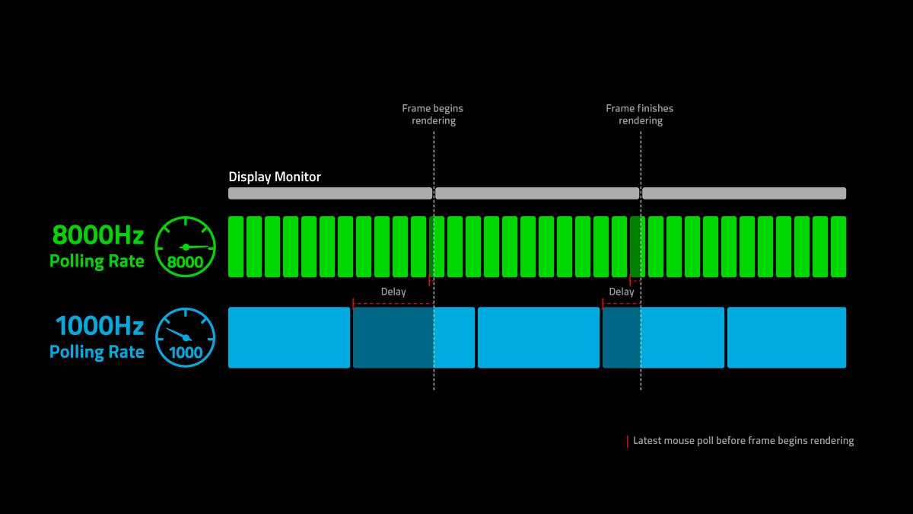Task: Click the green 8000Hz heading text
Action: (98, 235)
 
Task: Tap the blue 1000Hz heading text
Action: (100, 326)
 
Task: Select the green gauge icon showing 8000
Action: (186, 247)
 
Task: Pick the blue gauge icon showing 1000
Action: (186, 337)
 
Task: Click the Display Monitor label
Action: (275, 177)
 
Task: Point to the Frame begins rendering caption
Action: (433, 114)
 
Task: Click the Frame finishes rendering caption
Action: (640, 114)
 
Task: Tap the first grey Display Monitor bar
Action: (330, 193)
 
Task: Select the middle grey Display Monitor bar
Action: (537, 193)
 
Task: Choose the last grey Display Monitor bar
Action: (744, 193)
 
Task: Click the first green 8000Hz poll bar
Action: (236, 247)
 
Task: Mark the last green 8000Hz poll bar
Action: (838, 247)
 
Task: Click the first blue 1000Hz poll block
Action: (289, 337)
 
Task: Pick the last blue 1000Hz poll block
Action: (787, 337)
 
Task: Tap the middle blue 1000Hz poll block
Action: (539, 337)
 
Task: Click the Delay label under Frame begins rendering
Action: (393, 292)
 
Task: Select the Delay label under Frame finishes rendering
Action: (622, 292)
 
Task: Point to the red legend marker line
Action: (627, 442)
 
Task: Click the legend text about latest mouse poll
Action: (743, 441)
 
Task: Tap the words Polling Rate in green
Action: (97, 261)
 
